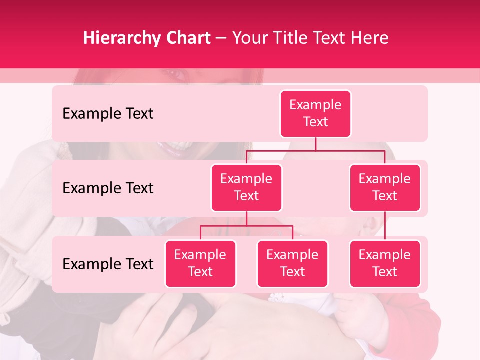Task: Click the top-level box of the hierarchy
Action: pyautogui.click(x=315, y=114)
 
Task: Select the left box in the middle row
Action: pyautogui.click(x=246, y=188)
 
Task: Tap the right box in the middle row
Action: pyautogui.click(x=385, y=188)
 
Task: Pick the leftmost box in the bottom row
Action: pyautogui.click(x=200, y=264)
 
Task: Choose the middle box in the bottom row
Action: pyautogui.click(x=292, y=264)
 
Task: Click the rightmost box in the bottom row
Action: pyautogui.click(x=385, y=264)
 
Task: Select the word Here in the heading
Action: pyautogui.click(x=368, y=38)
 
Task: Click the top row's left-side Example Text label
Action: pyautogui.click(x=108, y=114)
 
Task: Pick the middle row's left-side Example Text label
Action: pyautogui.click(x=108, y=188)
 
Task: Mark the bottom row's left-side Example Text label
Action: pyautogui.click(x=108, y=264)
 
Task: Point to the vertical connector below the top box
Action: pyautogui.click(x=315, y=143)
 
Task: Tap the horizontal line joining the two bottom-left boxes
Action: pyautogui.click(x=246, y=226)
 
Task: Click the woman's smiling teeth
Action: pyautogui.click(x=175, y=146)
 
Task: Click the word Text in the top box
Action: pyautogui.click(x=315, y=122)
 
